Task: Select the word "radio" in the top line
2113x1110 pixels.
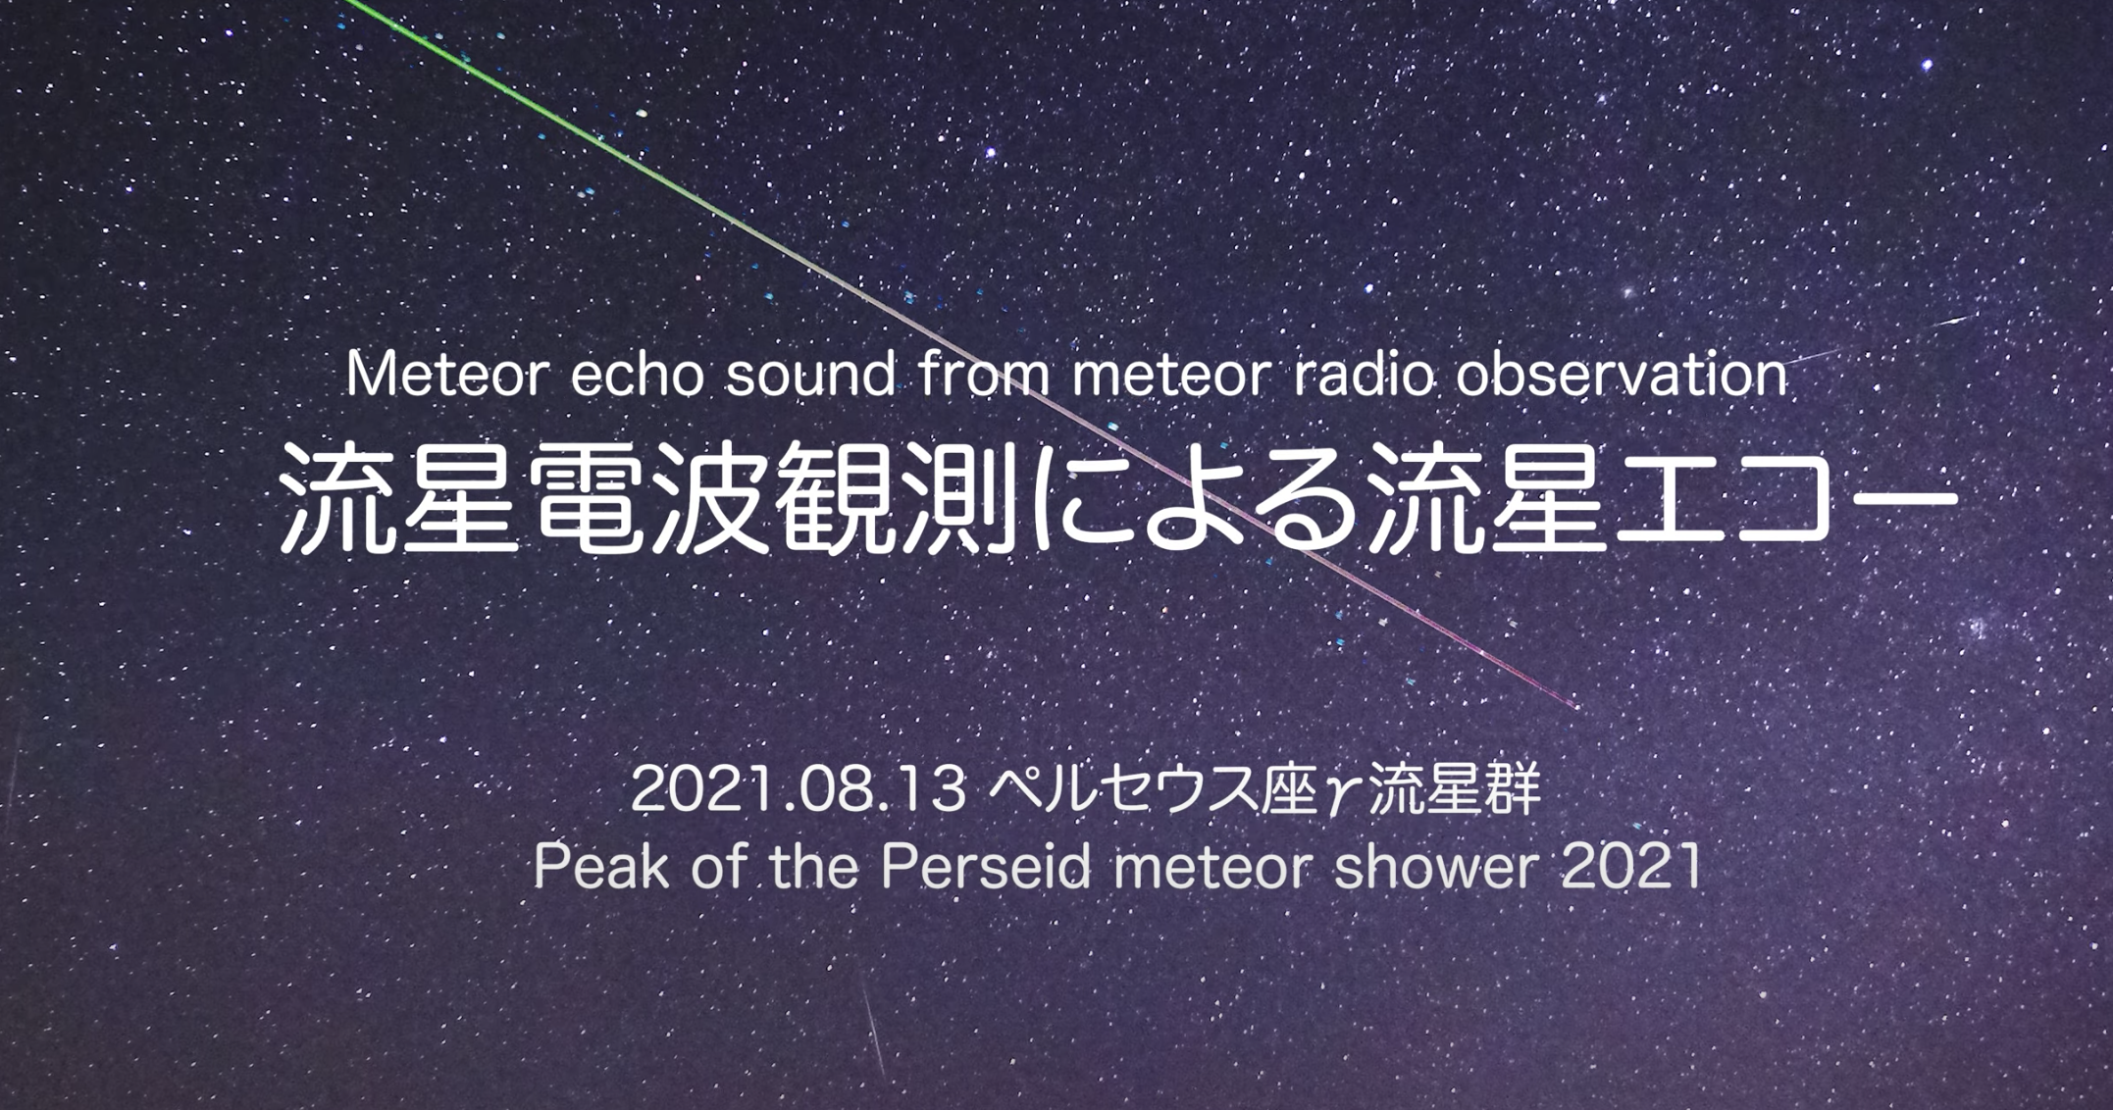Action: click(1364, 375)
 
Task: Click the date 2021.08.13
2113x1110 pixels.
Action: click(799, 789)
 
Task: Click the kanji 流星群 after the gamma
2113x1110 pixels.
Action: click(1454, 789)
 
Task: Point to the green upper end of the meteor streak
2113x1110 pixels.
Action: click(345, 2)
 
